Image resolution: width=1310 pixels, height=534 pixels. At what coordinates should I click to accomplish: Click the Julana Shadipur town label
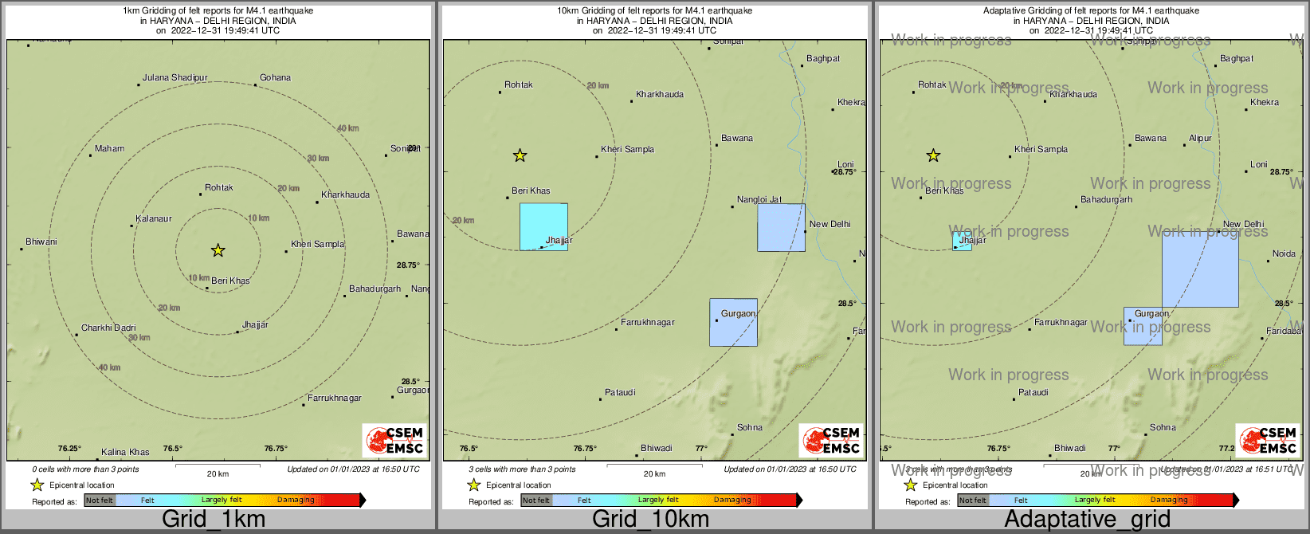tap(175, 78)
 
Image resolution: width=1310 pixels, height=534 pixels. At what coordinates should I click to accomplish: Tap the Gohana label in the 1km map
tap(275, 78)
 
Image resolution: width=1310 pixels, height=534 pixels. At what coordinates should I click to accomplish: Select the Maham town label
tap(109, 149)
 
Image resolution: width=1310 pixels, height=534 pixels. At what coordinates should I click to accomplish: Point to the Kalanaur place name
tap(154, 219)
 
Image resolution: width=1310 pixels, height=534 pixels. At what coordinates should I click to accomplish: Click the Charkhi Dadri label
tap(108, 328)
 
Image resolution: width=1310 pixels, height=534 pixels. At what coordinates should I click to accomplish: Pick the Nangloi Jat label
tap(759, 200)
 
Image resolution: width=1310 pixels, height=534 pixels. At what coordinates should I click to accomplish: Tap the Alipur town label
tap(1200, 139)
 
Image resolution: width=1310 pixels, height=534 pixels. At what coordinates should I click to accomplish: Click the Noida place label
tap(1284, 254)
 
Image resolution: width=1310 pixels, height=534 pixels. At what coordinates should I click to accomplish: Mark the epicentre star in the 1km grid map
tap(218, 251)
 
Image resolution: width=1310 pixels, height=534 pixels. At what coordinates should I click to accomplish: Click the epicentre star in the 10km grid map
tap(520, 155)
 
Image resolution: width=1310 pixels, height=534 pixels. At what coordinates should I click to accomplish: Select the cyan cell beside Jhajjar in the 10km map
tap(543, 227)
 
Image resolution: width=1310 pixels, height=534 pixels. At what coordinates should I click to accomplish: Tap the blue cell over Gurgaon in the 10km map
tap(733, 323)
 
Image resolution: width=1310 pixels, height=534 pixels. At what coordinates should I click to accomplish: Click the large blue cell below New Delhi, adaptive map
tap(1200, 269)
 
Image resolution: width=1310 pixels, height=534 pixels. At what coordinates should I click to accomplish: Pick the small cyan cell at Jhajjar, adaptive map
tap(962, 241)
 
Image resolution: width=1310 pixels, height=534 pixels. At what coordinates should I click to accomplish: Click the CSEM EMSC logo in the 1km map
tap(394, 441)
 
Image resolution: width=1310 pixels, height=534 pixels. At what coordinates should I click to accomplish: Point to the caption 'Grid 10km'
tap(650, 520)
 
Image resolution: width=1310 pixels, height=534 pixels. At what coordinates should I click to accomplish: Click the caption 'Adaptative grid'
tap(1087, 520)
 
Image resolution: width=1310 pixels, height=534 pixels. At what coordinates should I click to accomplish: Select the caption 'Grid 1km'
tap(214, 520)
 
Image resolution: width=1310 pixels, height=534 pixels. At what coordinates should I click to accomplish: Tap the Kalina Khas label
tap(125, 453)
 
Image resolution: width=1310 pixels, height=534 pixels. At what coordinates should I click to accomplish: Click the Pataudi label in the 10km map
tap(620, 393)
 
